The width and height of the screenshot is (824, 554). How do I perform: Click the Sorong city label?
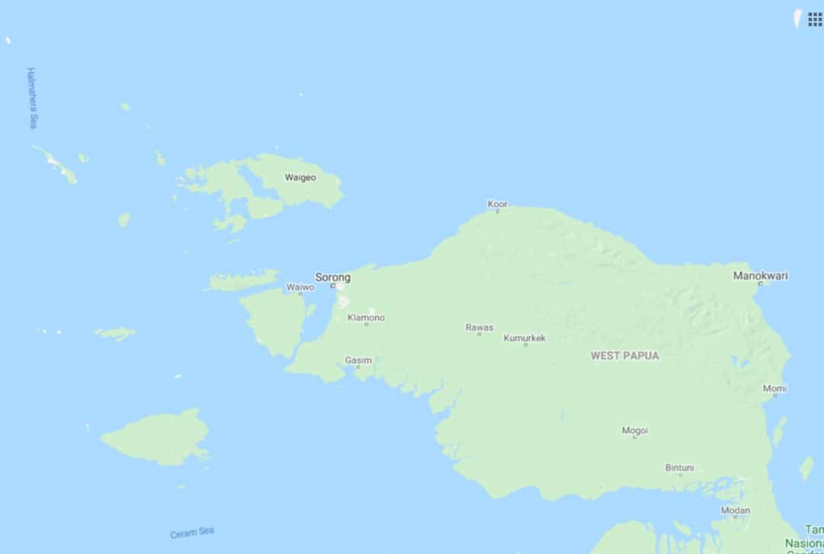(333, 277)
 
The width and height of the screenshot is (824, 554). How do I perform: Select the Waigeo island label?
(300, 178)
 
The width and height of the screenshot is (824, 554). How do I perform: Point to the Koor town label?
(497, 203)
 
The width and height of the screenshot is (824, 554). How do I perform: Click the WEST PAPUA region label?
(624, 355)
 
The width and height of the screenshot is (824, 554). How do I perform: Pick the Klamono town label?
(366, 317)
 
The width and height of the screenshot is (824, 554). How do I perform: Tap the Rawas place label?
(479, 328)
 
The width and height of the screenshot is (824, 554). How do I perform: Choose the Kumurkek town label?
(524, 338)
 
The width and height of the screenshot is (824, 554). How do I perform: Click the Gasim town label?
(358, 360)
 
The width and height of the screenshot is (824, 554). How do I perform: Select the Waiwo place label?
(300, 287)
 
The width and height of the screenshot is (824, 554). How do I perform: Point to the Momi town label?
(774, 388)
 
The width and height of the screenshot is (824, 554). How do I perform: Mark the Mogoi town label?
(634, 430)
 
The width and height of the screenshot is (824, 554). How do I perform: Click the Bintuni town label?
(679, 467)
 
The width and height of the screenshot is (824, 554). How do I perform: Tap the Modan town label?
(735, 510)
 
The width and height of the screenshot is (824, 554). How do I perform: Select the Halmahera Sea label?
(32, 98)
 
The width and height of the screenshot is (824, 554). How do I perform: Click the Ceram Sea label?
(192, 533)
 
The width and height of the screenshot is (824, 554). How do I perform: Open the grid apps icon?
(815, 19)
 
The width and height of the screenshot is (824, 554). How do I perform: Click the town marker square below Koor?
(497, 211)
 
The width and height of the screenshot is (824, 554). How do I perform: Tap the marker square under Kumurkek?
(525, 345)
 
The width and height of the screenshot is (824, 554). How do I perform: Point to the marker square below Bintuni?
(680, 475)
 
